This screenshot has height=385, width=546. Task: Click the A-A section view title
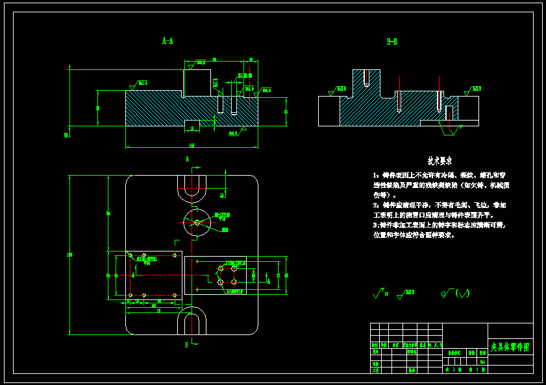coord(167,41)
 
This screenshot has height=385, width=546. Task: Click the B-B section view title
coord(392,42)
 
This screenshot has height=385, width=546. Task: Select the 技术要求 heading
coord(440,160)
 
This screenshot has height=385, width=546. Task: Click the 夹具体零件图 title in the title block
coord(510,348)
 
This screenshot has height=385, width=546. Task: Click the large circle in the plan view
coord(197,222)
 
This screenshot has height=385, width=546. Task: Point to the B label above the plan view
coord(187,159)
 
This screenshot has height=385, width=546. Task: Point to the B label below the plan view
coord(186,345)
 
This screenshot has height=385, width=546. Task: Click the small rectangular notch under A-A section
coord(193,123)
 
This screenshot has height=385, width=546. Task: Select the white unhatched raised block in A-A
coord(197,82)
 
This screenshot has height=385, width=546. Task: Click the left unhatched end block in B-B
coord(329,111)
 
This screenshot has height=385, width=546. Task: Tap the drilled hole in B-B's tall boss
coord(367,78)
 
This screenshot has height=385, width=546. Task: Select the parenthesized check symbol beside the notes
coord(458,294)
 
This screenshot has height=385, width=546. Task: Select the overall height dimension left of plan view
coord(69,255)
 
